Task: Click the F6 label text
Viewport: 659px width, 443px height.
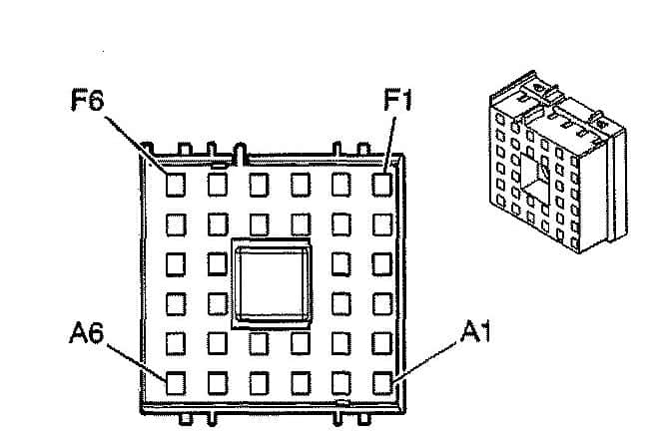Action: [88, 99]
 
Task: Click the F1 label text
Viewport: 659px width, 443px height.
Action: [398, 100]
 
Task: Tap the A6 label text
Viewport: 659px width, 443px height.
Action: [87, 332]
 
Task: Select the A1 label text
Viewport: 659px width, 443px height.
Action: [475, 331]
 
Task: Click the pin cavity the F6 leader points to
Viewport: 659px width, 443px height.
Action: [176, 185]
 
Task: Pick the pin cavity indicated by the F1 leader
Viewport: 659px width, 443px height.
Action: [382, 185]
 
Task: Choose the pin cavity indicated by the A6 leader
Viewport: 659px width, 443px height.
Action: [176, 383]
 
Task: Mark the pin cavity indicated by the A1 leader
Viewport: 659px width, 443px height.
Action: [382, 383]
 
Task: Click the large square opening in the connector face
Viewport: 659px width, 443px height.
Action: [272, 283]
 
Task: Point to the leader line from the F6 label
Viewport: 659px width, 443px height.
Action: [136, 146]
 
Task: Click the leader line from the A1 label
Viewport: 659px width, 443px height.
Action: [424, 361]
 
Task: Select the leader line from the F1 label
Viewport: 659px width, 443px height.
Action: [390, 145]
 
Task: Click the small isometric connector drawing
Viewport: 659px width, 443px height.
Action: [557, 162]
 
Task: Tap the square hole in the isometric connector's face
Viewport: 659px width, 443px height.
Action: [534, 177]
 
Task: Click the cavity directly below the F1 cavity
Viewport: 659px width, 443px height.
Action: [382, 224]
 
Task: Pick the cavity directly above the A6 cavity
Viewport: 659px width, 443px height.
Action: [176, 343]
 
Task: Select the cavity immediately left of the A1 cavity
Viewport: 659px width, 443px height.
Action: [340, 383]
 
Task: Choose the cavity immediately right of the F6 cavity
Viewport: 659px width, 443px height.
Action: [218, 185]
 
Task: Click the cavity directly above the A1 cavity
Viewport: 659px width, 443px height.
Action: [382, 343]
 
